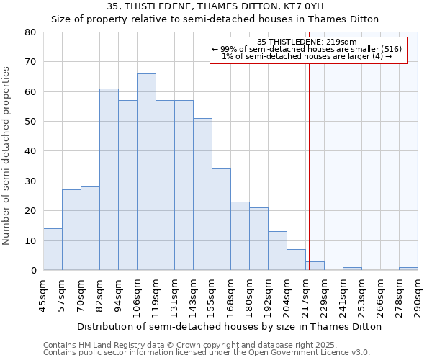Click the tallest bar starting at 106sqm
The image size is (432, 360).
pos(146,172)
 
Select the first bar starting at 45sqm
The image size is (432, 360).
pos(53,249)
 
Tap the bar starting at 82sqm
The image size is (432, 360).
pos(109,179)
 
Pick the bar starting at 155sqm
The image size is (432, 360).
pos(221,220)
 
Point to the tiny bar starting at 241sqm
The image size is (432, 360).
pos(352,269)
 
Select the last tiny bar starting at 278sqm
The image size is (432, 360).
pos(408,269)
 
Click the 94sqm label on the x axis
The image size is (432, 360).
pos(118,294)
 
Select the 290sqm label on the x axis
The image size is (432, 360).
pos(418,294)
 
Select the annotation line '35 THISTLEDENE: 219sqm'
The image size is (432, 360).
pos(307,42)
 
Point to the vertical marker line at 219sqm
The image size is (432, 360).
pos(309,166)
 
